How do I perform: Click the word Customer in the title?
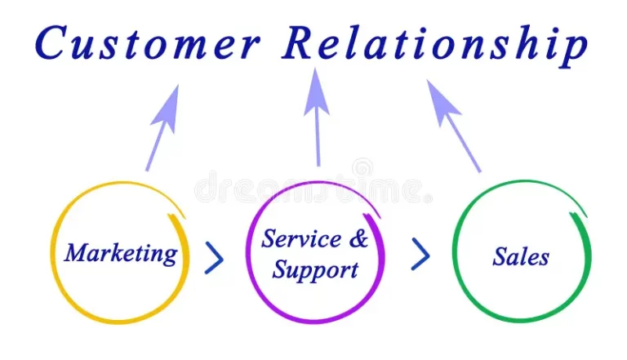[x=148, y=42]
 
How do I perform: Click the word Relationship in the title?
[x=435, y=45]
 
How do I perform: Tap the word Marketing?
[x=121, y=254]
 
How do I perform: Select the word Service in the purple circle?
[x=301, y=238]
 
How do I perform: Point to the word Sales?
[x=521, y=256]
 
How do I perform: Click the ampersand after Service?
[x=358, y=238]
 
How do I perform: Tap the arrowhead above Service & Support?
[x=316, y=92]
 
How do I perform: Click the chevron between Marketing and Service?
[x=214, y=258]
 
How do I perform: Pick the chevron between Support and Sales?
[x=420, y=255]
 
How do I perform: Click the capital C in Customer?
[x=51, y=42]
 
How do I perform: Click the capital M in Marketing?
[x=79, y=253]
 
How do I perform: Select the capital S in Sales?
[x=501, y=256]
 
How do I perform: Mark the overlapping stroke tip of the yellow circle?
[x=170, y=216]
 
